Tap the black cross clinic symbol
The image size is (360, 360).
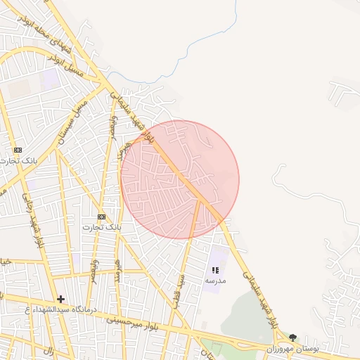coord(60,299)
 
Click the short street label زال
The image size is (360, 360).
coord(49,349)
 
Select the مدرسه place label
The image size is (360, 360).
coord(215,281)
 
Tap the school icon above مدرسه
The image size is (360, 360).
coord(215,270)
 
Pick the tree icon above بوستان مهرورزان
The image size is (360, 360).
coord(292,337)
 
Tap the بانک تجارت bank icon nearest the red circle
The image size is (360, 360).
coord(101,217)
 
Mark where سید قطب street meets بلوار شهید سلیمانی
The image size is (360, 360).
coord(200,200)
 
